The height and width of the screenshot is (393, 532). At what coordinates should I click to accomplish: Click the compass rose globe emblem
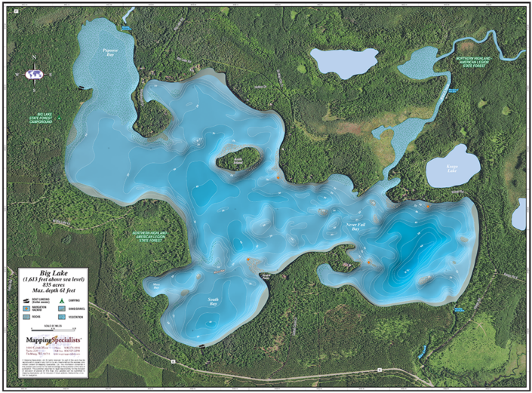tap(33, 74)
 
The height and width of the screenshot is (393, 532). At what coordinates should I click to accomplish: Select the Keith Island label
tap(240, 161)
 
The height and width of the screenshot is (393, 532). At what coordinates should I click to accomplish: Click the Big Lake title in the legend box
tap(54, 274)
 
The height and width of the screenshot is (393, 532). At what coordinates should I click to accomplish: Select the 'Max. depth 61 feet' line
tap(54, 290)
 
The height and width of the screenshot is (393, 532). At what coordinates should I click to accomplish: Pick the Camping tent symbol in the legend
tap(60, 300)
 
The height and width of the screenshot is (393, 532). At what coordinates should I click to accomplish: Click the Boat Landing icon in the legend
tap(26, 300)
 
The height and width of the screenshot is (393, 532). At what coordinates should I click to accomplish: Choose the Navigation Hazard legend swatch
tap(26, 309)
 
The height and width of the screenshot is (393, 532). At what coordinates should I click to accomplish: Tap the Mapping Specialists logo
tap(52, 341)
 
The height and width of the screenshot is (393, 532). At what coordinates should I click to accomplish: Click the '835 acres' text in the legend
tap(54, 285)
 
